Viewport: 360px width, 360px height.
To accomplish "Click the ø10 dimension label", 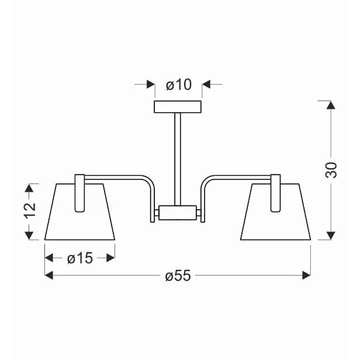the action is click(178, 85).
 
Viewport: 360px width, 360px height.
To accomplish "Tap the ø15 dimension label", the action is click(80, 258).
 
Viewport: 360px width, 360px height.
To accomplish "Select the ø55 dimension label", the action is click(178, 275).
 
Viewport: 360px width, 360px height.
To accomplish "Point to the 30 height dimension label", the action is click(331, 170).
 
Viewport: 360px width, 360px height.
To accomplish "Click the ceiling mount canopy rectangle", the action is click(178, 107).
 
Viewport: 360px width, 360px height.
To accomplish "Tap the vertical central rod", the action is click(178, 159).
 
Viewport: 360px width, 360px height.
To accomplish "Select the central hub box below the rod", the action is click(178, 213).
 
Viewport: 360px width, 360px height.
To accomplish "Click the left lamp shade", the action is click(79, 212).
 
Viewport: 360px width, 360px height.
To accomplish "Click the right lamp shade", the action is click(276, 212).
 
